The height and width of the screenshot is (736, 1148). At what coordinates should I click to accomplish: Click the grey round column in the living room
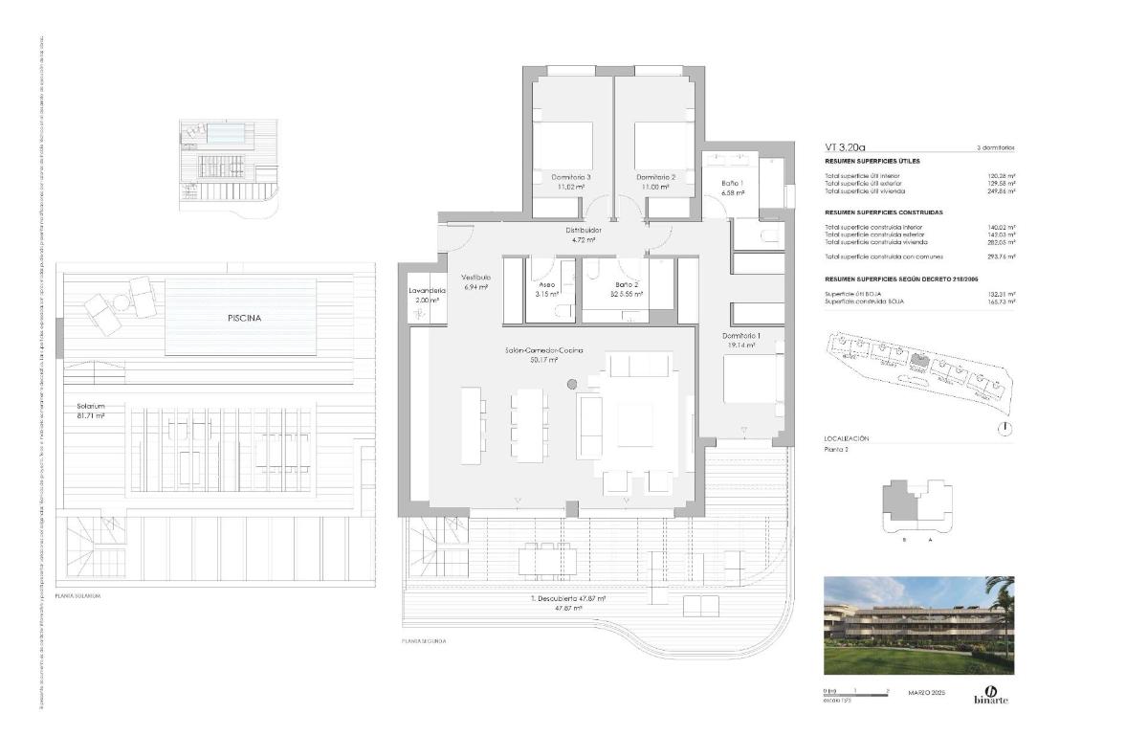(x=572, y=385)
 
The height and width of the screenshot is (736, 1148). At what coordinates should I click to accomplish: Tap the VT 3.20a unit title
(x=845, y=148)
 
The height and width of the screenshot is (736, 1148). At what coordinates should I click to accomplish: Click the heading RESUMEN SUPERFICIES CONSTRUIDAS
(x=884, y=212)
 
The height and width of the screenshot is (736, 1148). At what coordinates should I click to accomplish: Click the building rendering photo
(x=918, y=625)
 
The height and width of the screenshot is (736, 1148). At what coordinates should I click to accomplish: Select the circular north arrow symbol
(x=1004, y=430)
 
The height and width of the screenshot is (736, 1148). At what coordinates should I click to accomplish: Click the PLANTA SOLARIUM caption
(x=78, y=595)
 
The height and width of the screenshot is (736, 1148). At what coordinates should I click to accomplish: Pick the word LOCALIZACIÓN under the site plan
(x=846, y=438)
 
